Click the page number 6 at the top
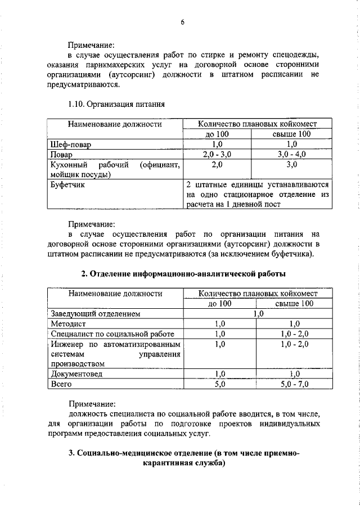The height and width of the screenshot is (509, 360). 182,22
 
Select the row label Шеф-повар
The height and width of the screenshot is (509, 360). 71,145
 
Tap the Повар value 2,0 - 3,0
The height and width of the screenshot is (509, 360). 218,154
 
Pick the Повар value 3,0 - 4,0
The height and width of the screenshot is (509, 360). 291,154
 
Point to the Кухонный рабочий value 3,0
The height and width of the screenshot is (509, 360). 291,164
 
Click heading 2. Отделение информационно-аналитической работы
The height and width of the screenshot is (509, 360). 183,273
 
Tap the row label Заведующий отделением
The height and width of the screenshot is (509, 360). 94,314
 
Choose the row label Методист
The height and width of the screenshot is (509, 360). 67,323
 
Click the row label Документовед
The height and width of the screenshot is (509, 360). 76,375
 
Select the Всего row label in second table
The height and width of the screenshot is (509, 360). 62,385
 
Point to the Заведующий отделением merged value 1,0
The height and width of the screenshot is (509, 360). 258,314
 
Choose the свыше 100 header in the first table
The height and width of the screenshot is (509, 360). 292,134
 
